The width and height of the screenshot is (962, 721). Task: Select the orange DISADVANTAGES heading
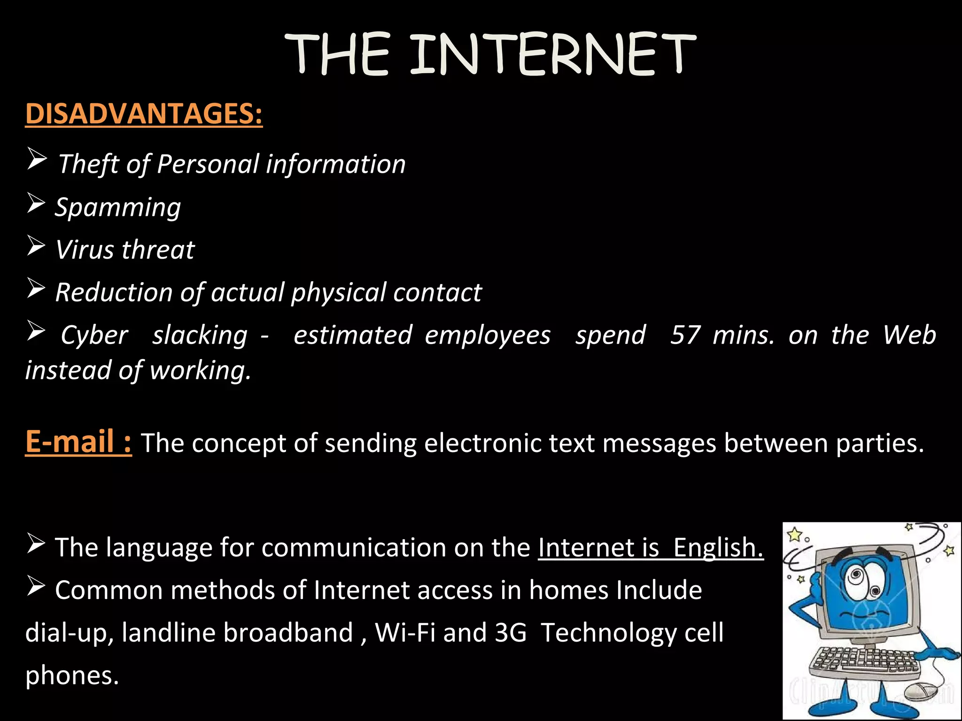pos(144,114)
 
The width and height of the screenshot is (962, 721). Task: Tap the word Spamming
pos(118,207)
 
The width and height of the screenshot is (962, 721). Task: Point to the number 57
pos(685,335)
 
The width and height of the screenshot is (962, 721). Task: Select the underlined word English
pos(718,547)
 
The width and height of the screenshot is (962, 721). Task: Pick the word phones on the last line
pos(72,675)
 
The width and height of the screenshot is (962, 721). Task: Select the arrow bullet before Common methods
pos(36,586)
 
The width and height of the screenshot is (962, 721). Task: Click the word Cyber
pos(94,335)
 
